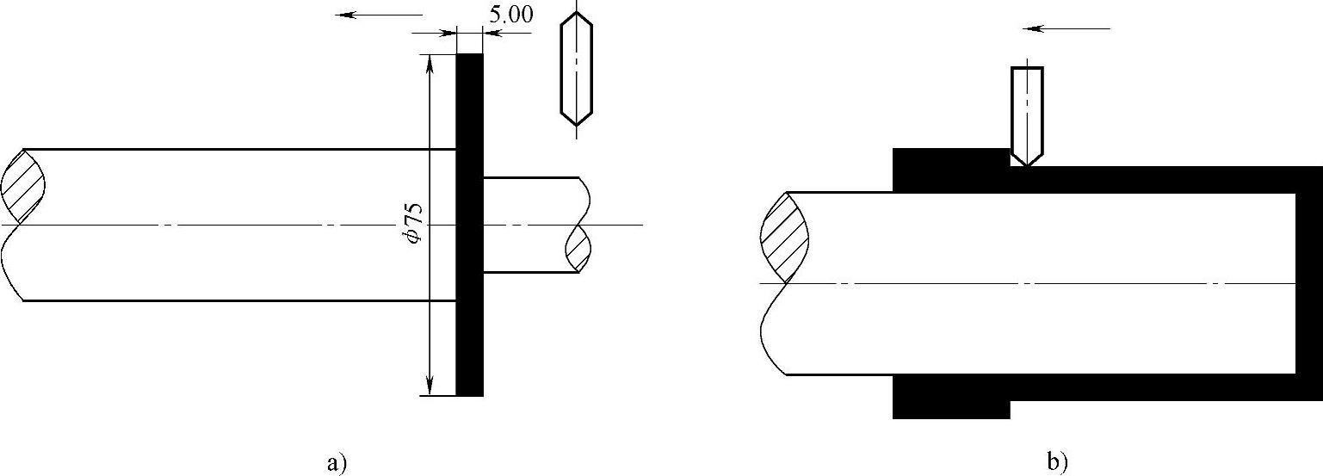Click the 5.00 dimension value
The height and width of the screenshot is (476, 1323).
pos(511,15)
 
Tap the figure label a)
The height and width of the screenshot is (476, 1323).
pos(336,462)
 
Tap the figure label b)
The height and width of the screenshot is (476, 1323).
pos(1057,462)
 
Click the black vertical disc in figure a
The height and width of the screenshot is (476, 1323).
pos(469,225)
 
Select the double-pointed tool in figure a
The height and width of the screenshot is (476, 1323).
pos(577,69)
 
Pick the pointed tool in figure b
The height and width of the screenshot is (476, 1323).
pos(1027,116)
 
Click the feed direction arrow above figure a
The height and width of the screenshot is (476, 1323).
pos(380,15)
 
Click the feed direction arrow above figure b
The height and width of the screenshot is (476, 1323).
pos(1066,28)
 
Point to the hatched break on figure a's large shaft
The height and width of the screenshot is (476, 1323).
pos(23,187)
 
